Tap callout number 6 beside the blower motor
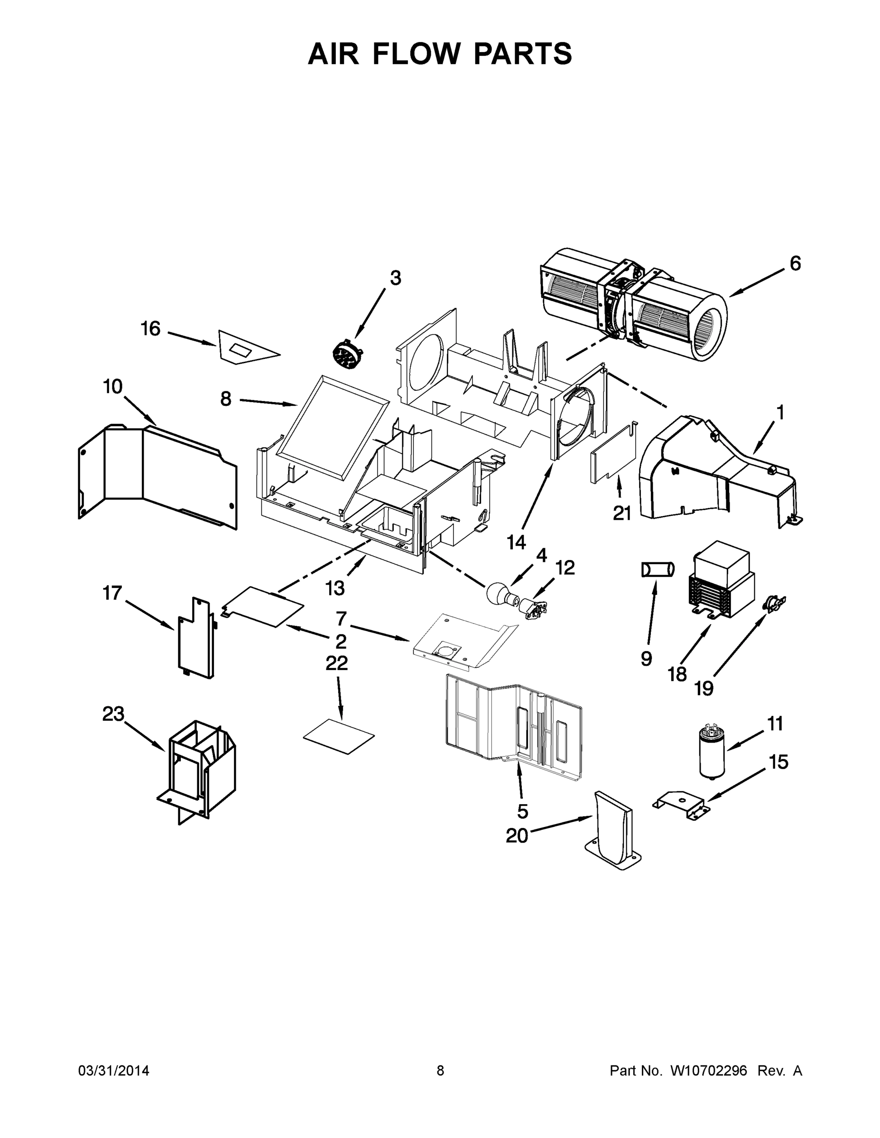tap(795, 264)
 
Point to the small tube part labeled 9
tap(658, 569)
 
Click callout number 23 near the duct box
tap(113, 713)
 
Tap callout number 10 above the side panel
tap(112, 386)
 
